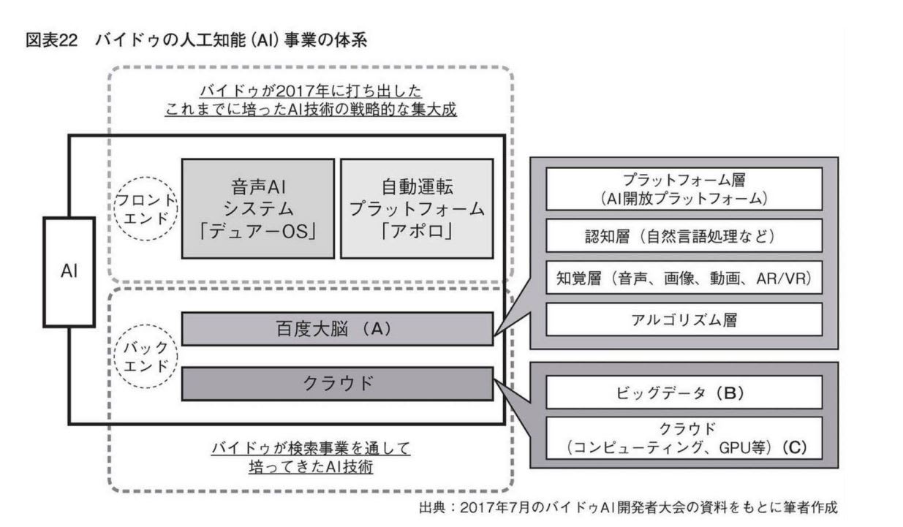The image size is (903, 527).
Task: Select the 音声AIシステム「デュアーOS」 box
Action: click(257, 208)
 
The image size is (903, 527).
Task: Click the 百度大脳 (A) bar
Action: click(336, 329)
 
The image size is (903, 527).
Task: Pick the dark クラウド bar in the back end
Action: click(336, 384)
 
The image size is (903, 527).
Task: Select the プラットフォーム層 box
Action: click(684, 189)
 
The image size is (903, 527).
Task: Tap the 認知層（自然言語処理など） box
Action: click(684, 235)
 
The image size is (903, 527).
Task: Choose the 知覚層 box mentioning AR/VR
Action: click(684, 278)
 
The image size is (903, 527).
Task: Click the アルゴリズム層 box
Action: click(684, 320)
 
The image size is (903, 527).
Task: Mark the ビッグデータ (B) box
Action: click(684, 393)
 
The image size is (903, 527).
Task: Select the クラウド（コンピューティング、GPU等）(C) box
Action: click(684, 436)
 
